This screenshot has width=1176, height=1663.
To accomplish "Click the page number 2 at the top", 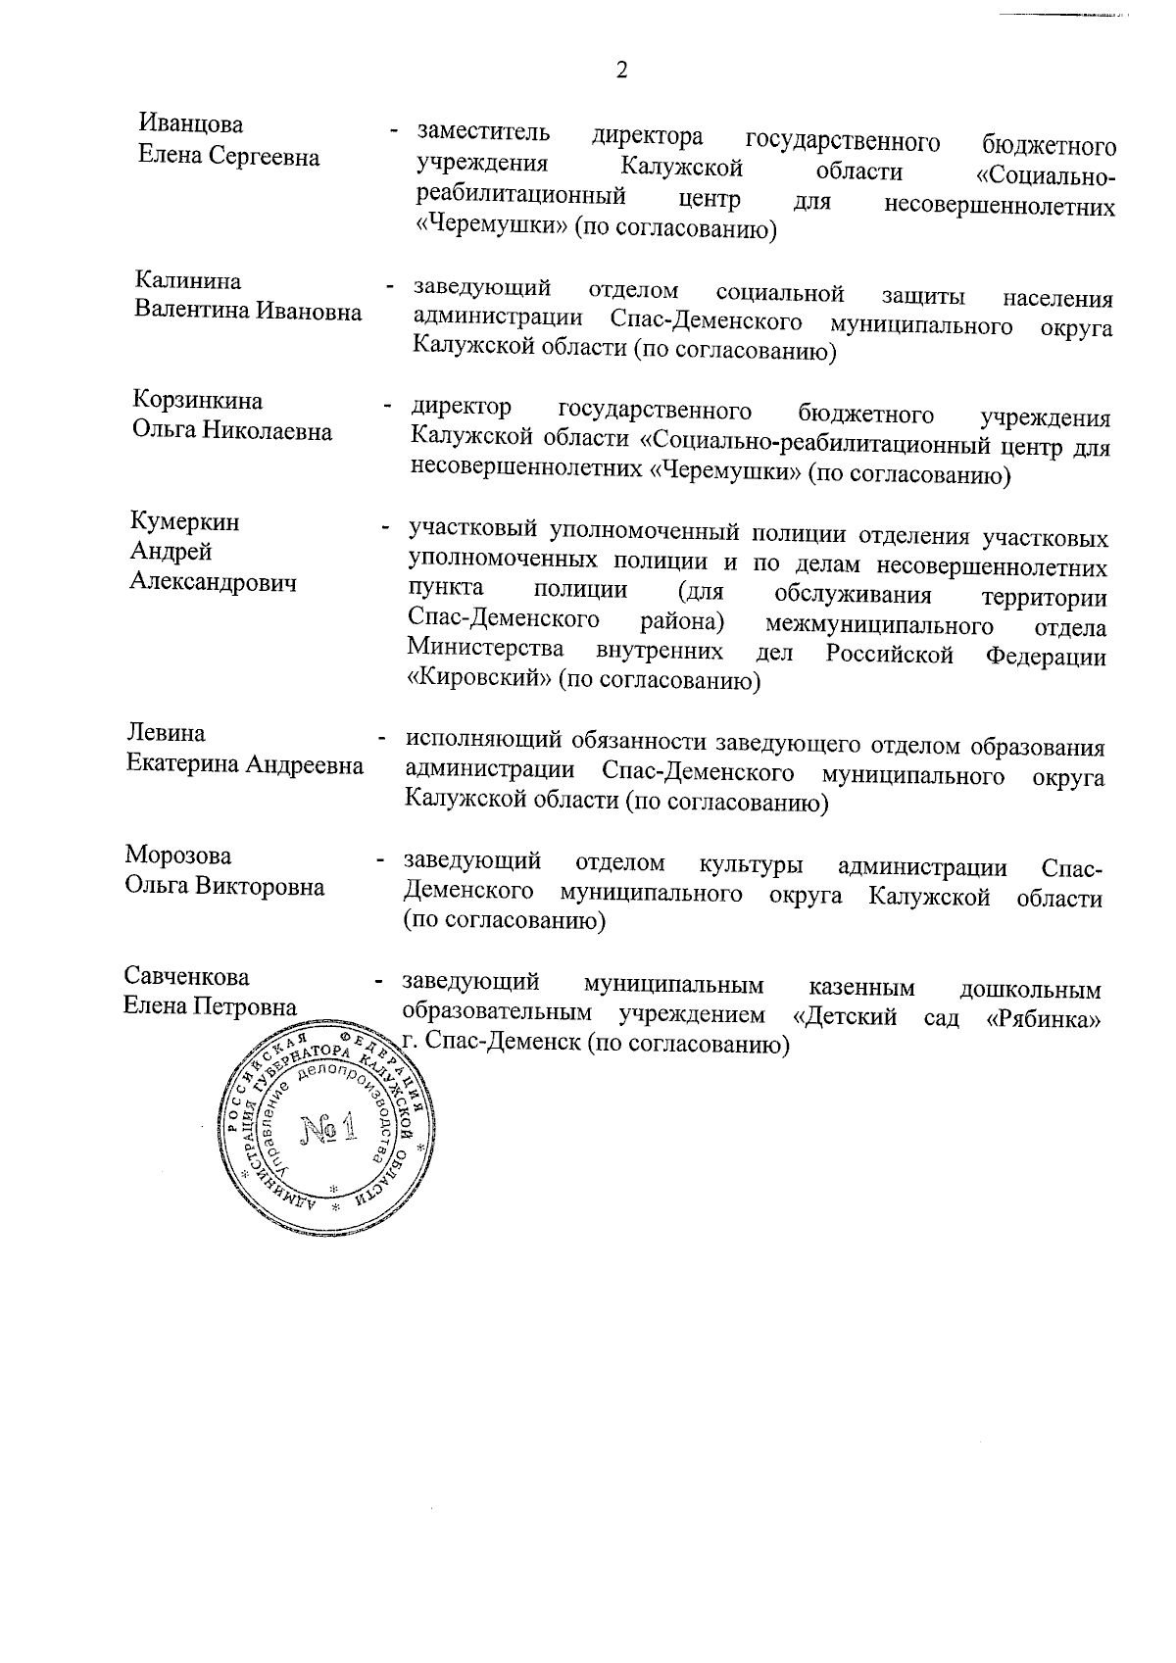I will click(x=620, y=70).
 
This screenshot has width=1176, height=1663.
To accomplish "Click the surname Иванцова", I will click(x=191, y=125).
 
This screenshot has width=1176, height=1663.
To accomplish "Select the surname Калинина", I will click(x=188, y=281).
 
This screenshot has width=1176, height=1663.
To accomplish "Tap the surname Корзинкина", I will click(x=198, y=401).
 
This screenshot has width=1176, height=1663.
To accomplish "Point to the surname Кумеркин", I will click(x=185, y=521).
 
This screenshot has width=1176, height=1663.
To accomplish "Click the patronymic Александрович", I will click(x=214, y=583).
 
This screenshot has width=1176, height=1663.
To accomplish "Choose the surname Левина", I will click(x=166, y=734).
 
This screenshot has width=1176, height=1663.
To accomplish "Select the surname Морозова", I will click(x=178, y=856).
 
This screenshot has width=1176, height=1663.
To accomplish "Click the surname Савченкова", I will click(x=186, y=977).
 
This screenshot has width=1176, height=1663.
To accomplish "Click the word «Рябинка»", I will click(x=1042, y=1018).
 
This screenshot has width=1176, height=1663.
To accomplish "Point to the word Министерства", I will click(x=485, y=650).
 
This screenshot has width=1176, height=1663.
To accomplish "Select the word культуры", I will click(x=752, y=865).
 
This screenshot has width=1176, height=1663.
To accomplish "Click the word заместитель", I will click(x=483, y=132).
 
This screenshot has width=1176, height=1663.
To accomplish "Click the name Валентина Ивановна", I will click(x=248, y=312).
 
